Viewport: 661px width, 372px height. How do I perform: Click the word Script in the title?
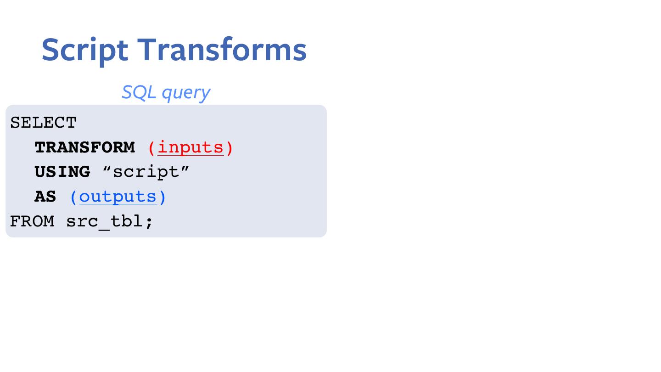[x=85, y=50]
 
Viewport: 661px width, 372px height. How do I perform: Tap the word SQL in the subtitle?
[x=139, y=92]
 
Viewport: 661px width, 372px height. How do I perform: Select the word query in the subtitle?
[x=186, y=93]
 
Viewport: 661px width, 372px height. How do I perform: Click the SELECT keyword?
[x=43, y=123]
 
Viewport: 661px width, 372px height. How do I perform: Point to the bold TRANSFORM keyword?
[x=84, y=147]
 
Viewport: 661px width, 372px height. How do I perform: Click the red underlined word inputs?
[x=190, y=147]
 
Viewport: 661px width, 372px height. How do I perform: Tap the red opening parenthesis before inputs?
[x=152, y=148]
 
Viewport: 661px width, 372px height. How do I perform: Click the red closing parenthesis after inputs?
[x=229, y=148]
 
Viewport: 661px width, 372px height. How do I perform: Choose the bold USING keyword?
[x=62, y=172]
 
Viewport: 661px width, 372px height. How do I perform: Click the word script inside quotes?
[x=146, y=172]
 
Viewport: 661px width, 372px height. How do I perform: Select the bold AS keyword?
[x=45, y=197]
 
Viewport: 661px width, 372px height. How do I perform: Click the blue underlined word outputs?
[x=118, y=197]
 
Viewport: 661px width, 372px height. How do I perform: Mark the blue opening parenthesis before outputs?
[x=73, y=197]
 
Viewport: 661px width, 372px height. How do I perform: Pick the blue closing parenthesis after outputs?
[x=162, y=197]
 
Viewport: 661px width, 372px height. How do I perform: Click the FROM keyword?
[x=32, y=221]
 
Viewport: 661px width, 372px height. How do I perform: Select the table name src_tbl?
[x=105, y=221]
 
